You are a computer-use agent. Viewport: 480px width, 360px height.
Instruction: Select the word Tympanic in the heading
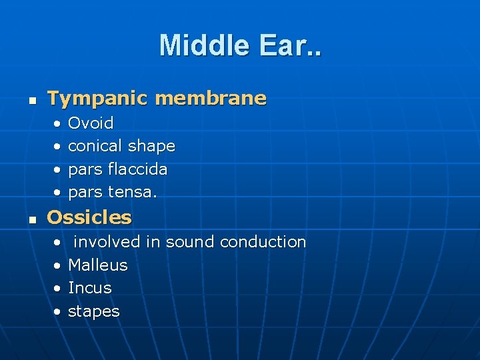pos(97,99)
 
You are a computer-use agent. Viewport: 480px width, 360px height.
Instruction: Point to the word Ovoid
pos(91,123)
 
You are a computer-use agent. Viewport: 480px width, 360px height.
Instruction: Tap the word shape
pos(151,146)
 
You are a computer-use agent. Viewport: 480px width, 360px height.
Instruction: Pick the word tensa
pos(133,193)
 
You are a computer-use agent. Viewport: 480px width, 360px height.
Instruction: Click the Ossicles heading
pos(89,217)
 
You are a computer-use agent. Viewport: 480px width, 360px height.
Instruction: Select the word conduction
pos(263,242)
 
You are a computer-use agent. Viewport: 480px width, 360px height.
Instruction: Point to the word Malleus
pos(97,265)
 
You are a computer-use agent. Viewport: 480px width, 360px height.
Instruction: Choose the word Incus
pos(90,288)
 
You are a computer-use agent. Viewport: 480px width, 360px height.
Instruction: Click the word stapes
pos(94,312)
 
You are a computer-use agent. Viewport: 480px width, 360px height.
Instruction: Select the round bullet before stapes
pos(59,312)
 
